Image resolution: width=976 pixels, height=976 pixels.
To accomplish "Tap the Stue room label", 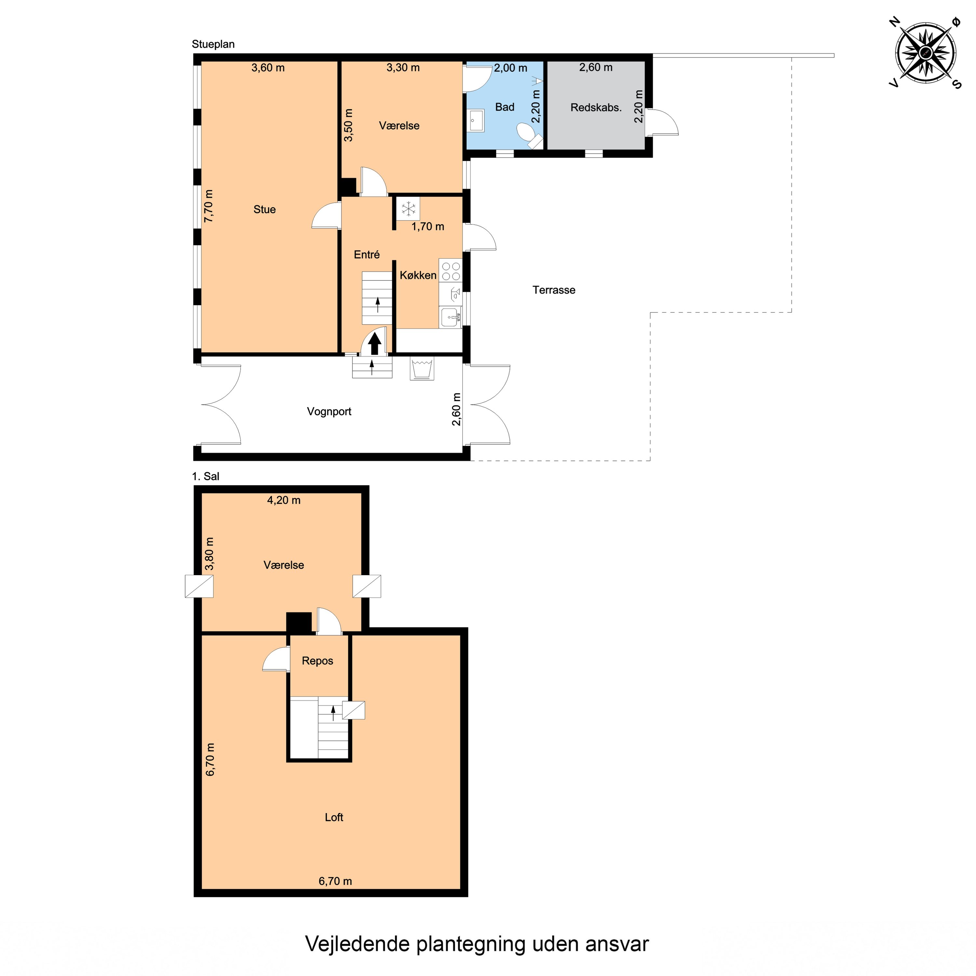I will click(264, 210).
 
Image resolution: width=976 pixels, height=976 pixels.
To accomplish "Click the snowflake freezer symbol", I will click(408, 208).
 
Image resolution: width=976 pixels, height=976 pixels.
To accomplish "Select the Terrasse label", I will click(554, 290).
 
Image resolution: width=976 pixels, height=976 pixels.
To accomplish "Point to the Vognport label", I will click(329, 411).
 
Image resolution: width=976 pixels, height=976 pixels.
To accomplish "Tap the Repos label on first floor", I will click(317, 661).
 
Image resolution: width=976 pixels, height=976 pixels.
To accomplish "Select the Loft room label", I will click(334, 817).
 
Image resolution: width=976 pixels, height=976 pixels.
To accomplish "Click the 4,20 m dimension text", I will click(283, 500).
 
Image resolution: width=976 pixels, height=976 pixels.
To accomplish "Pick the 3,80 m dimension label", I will click(209, 554).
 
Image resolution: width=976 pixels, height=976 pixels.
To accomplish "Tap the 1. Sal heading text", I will click(206, 476).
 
